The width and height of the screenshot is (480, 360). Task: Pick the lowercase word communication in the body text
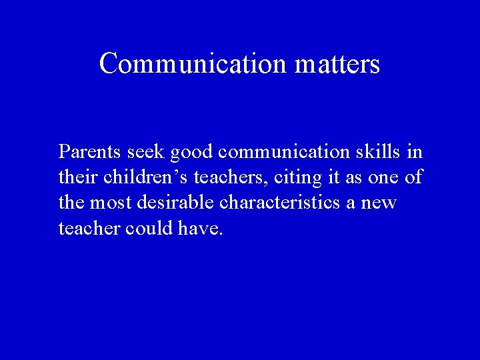[287, 152]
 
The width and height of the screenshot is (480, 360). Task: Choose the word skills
[382, 152]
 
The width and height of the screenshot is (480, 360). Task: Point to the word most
[109, 203]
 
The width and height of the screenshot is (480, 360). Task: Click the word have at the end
[199, 229]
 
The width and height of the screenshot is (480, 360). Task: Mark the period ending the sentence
[222, 233]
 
